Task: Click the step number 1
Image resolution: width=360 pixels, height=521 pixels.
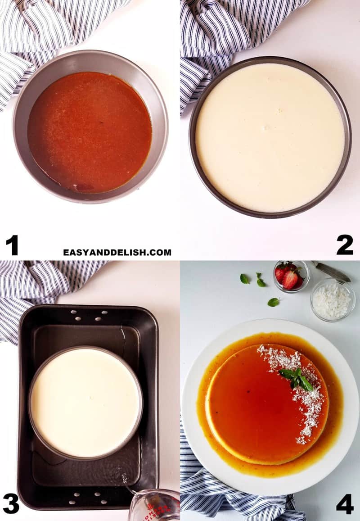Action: pos(12,245)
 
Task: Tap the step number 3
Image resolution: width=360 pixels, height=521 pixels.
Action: pos(11,503)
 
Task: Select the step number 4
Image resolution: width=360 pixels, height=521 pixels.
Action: pos(345,503)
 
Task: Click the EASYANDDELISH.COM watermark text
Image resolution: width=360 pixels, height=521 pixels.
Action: pos(117,253)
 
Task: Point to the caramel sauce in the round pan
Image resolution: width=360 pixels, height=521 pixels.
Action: pos(90,131)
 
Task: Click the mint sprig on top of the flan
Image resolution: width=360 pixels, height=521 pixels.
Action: pos(296,378)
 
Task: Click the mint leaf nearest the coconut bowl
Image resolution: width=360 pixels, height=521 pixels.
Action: pos(273,302)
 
